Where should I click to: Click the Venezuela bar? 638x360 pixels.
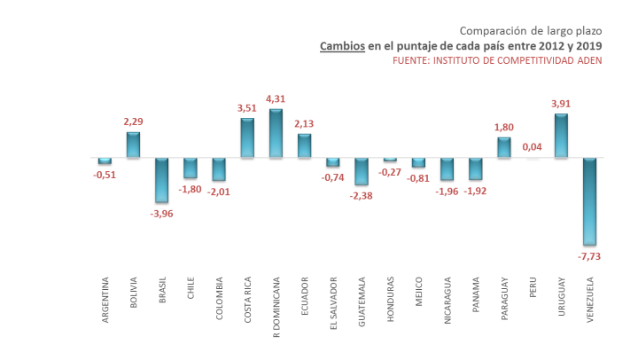pos(588,200)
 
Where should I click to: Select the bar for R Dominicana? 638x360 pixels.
pos(276,133)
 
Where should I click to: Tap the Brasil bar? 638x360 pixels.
pos(162,180)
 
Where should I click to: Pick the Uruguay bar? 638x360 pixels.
pos(560,136)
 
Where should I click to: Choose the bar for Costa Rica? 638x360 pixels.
pos(247,138)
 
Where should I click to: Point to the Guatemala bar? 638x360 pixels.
pos(361,171)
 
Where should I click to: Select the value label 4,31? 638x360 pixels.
pos(276,98)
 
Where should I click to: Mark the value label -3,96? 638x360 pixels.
pos(162,214)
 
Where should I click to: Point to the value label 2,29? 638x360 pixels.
pos(134,121)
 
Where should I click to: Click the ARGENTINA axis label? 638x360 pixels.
pos(105,301)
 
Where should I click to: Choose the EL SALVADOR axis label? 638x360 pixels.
pos(332,304)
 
